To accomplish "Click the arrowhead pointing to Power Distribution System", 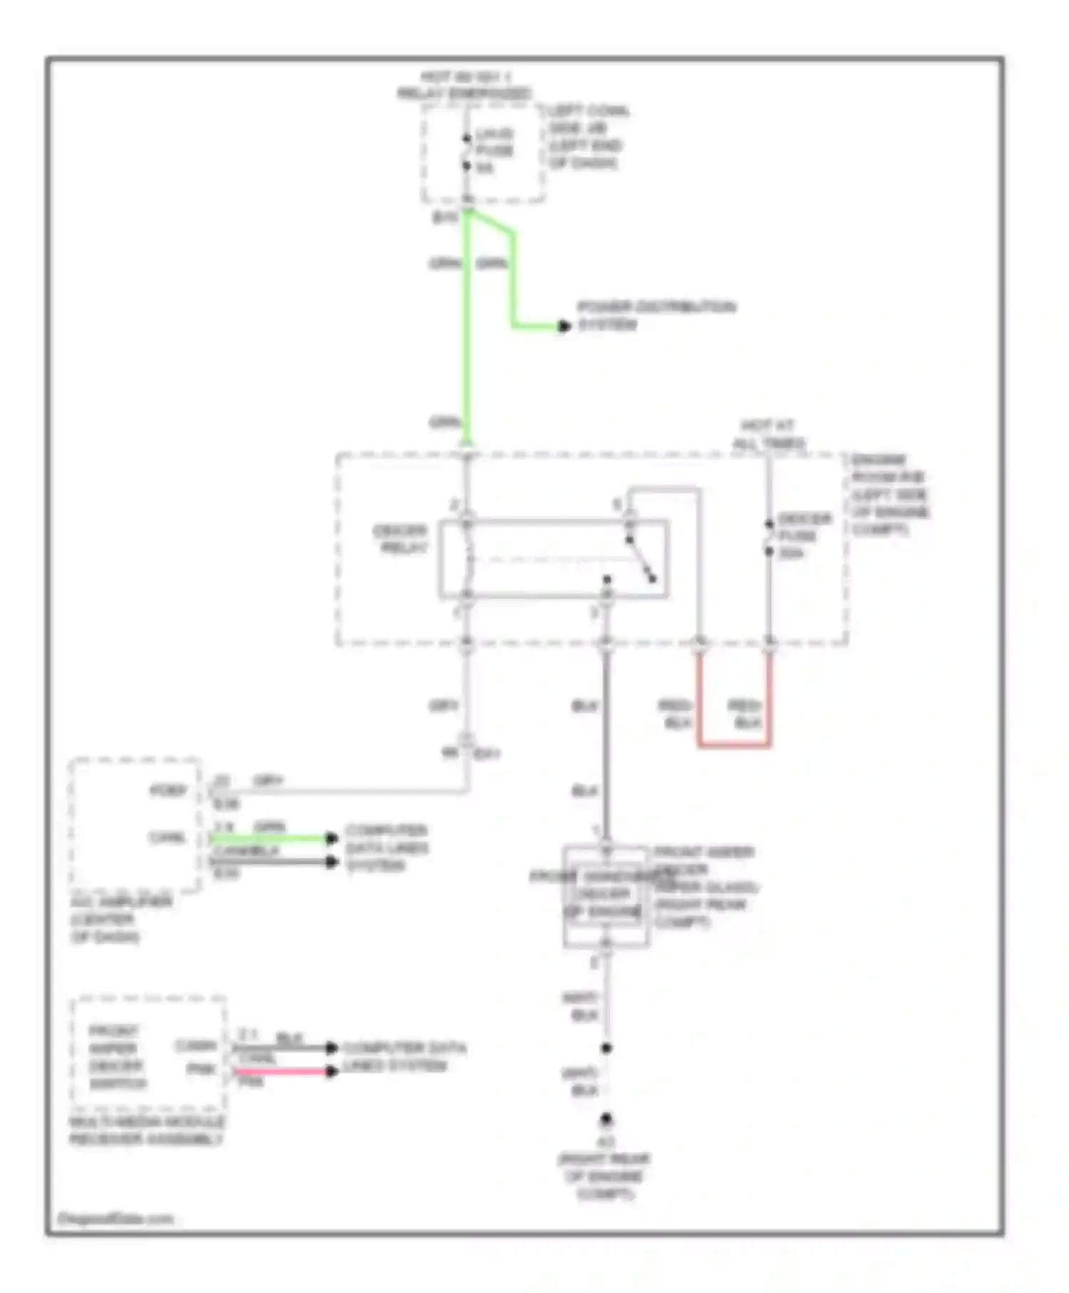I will point(564,326).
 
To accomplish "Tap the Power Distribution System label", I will point(656,315).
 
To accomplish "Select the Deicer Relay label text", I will point(400,539).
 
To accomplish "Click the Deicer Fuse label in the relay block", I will point(802,535).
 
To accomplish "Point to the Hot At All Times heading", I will point(768,434).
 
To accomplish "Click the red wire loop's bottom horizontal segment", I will point(734,746).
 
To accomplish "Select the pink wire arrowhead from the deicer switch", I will point(331,1071).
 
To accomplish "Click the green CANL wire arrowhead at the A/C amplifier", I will point(331,838).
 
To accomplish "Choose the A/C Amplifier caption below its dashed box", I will point(120,919).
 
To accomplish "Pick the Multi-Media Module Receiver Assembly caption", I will point(147,1130).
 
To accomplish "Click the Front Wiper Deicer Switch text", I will point(118,1057).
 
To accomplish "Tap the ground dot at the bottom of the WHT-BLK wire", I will point(606,1120).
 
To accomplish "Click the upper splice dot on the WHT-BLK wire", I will point(606,1048).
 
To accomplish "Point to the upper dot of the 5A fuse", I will point(466,139).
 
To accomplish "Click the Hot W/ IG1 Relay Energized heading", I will point(465,85).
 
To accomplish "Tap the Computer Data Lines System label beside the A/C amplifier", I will point(386,848).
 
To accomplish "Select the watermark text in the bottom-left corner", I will point(115,1219).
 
